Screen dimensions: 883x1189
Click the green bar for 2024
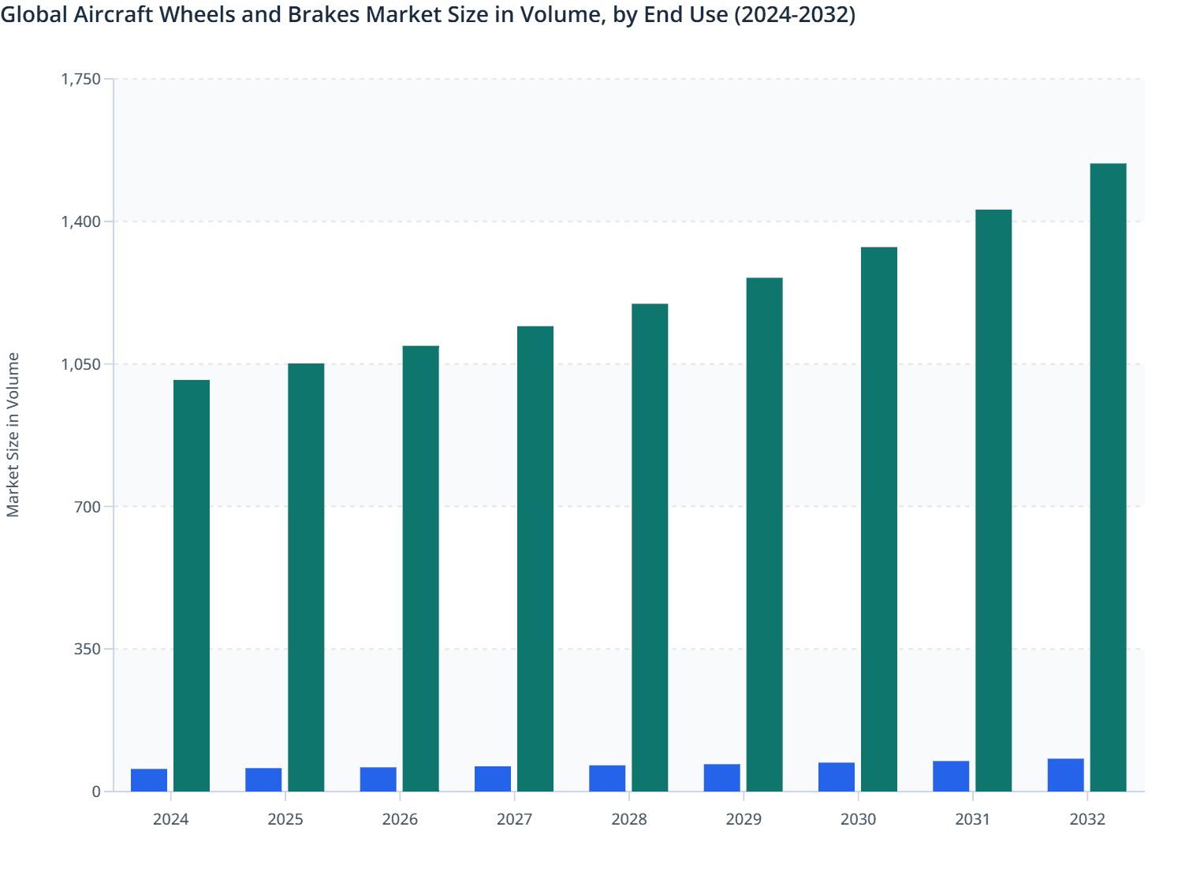[192, 585]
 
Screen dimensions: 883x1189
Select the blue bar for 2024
[149, 780]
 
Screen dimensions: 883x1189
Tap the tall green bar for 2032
[1108, 477]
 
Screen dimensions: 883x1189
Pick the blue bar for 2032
[1065, 775]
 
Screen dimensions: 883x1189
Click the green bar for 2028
[650, 547]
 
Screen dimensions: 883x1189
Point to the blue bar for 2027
[493, 779]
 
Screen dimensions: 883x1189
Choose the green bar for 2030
[879, 519]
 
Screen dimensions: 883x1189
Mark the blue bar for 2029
[722, 777]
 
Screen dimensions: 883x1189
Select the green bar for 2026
[421, 568]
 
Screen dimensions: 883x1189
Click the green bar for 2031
[993, 500]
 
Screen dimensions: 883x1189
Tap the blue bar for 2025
[263, 780]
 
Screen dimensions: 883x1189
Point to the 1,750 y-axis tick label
[81, 79]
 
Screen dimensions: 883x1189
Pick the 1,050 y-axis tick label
[81, 364]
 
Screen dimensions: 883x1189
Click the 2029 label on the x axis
[744, 819]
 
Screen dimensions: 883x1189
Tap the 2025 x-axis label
[285, 819]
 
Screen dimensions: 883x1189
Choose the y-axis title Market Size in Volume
[13, 434]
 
